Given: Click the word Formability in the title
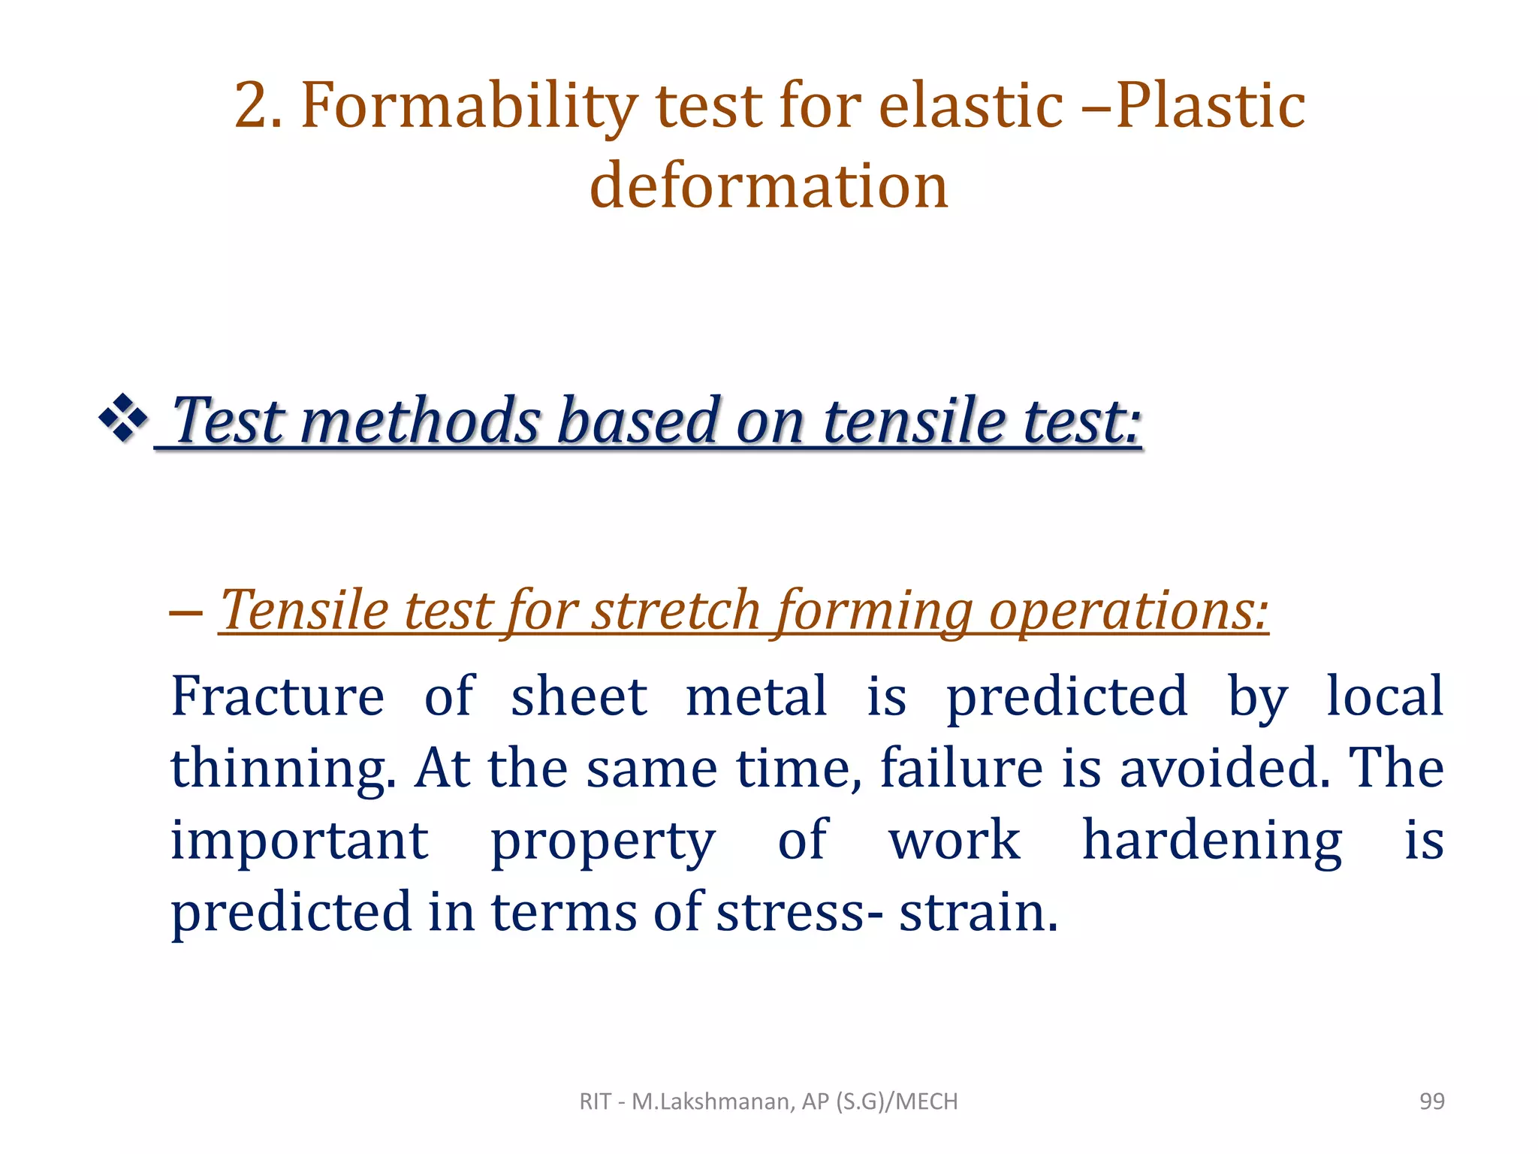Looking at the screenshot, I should [x=469, y=107].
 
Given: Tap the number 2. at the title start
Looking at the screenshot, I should [x=258, y=107].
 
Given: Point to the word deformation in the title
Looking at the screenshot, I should [x=769, y=186].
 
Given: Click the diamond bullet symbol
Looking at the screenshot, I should [x=122, y=418].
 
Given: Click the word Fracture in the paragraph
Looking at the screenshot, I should [x=278, y=696].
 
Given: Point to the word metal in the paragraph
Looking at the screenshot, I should [x=756, y=696].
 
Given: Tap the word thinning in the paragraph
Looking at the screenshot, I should [x=282, y=769].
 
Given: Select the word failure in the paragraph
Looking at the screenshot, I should [x=961, y=768].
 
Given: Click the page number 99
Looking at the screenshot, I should [x=1431, y=1101].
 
